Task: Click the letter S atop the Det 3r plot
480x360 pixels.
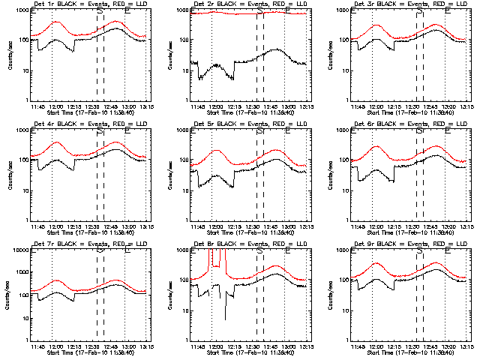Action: [x=418, y=13]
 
